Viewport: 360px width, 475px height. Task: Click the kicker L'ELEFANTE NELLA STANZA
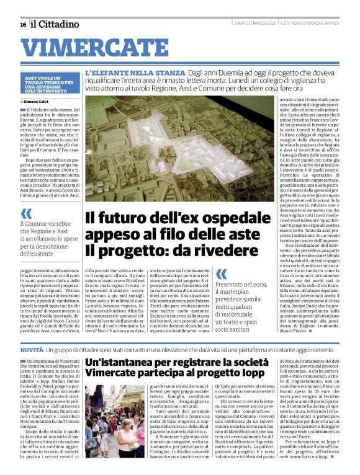coord(127,73)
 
